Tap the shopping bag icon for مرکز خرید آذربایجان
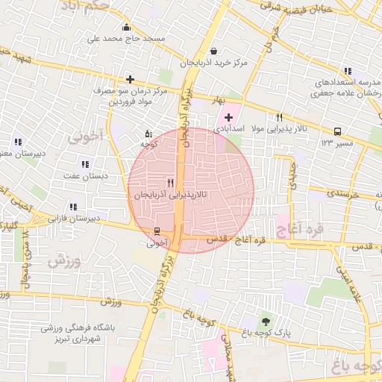[x=215, y=51]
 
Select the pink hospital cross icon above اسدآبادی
[x=228, y=117]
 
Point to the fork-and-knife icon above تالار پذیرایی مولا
[x=280, y=117]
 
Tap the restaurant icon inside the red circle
[x=171, y=183]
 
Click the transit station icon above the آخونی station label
[x=157, y=231]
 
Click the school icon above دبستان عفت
[x=85, y=164]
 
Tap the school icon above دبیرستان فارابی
[x=73, y=207]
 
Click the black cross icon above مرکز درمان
[x=131, y=78]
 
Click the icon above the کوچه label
[x=148, y=134]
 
